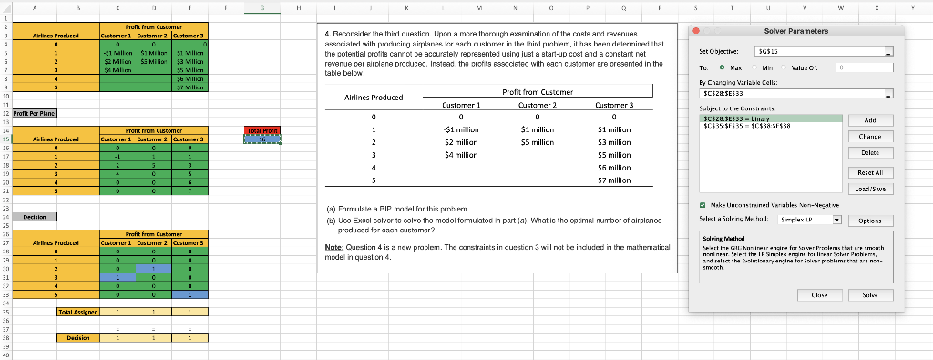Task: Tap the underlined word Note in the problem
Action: (333, 247)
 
